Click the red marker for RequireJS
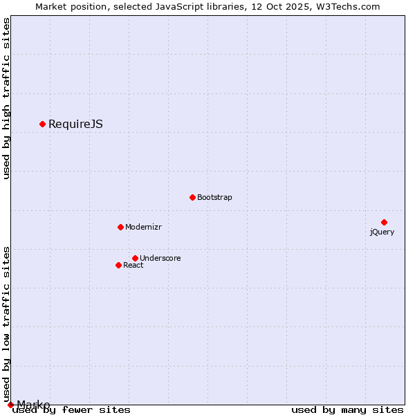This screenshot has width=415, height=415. point(42,124)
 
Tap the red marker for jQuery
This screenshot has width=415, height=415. point(384,222)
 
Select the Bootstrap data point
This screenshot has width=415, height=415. point(192,197)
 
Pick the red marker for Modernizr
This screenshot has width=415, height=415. point(120,227)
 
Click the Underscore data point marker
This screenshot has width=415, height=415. point(135,258)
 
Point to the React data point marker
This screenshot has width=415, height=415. point(118,265)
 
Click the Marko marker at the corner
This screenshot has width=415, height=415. point(10,405)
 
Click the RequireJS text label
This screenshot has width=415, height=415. point(75,124)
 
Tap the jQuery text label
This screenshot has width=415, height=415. point(382,232)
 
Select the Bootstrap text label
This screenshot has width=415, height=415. point(214,198)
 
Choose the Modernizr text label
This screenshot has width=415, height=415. point(143,228)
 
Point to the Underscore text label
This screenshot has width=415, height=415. point(160,259)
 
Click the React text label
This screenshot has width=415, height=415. point(133,266)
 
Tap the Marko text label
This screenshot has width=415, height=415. point(33,405)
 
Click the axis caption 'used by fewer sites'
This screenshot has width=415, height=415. point(71,410)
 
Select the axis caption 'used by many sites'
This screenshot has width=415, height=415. point(347,410)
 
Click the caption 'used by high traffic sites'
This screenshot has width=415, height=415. point(6,98)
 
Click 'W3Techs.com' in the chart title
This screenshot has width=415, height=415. point(347,7)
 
